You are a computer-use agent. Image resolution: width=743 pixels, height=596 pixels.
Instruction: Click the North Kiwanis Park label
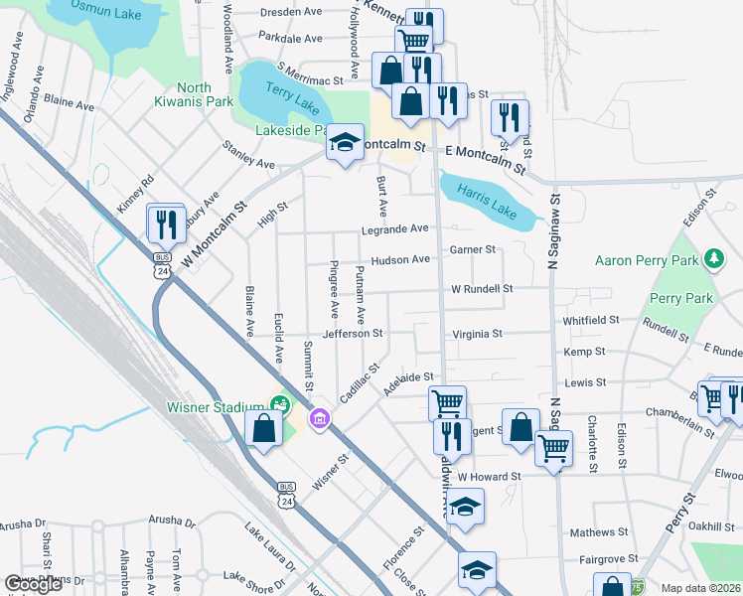pyautogui.click(x=194, y=93)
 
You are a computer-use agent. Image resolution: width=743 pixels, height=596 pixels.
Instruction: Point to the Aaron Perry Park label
pyautogui.click(x=648, y=260)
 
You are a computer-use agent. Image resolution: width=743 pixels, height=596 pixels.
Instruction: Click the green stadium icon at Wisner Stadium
pyautogui.click(x=279, y=404)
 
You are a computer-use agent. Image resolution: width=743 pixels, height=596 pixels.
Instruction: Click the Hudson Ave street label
pyautogui.click(x=400, y=260)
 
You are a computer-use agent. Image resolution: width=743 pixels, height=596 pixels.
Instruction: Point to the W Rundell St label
pyautogui.click(x=482, y=289)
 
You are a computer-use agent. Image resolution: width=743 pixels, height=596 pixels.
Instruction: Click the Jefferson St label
pyautogui.click(x=352, y=334)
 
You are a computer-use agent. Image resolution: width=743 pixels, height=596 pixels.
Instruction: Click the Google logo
pyautogui.click(x=34, y=585)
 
